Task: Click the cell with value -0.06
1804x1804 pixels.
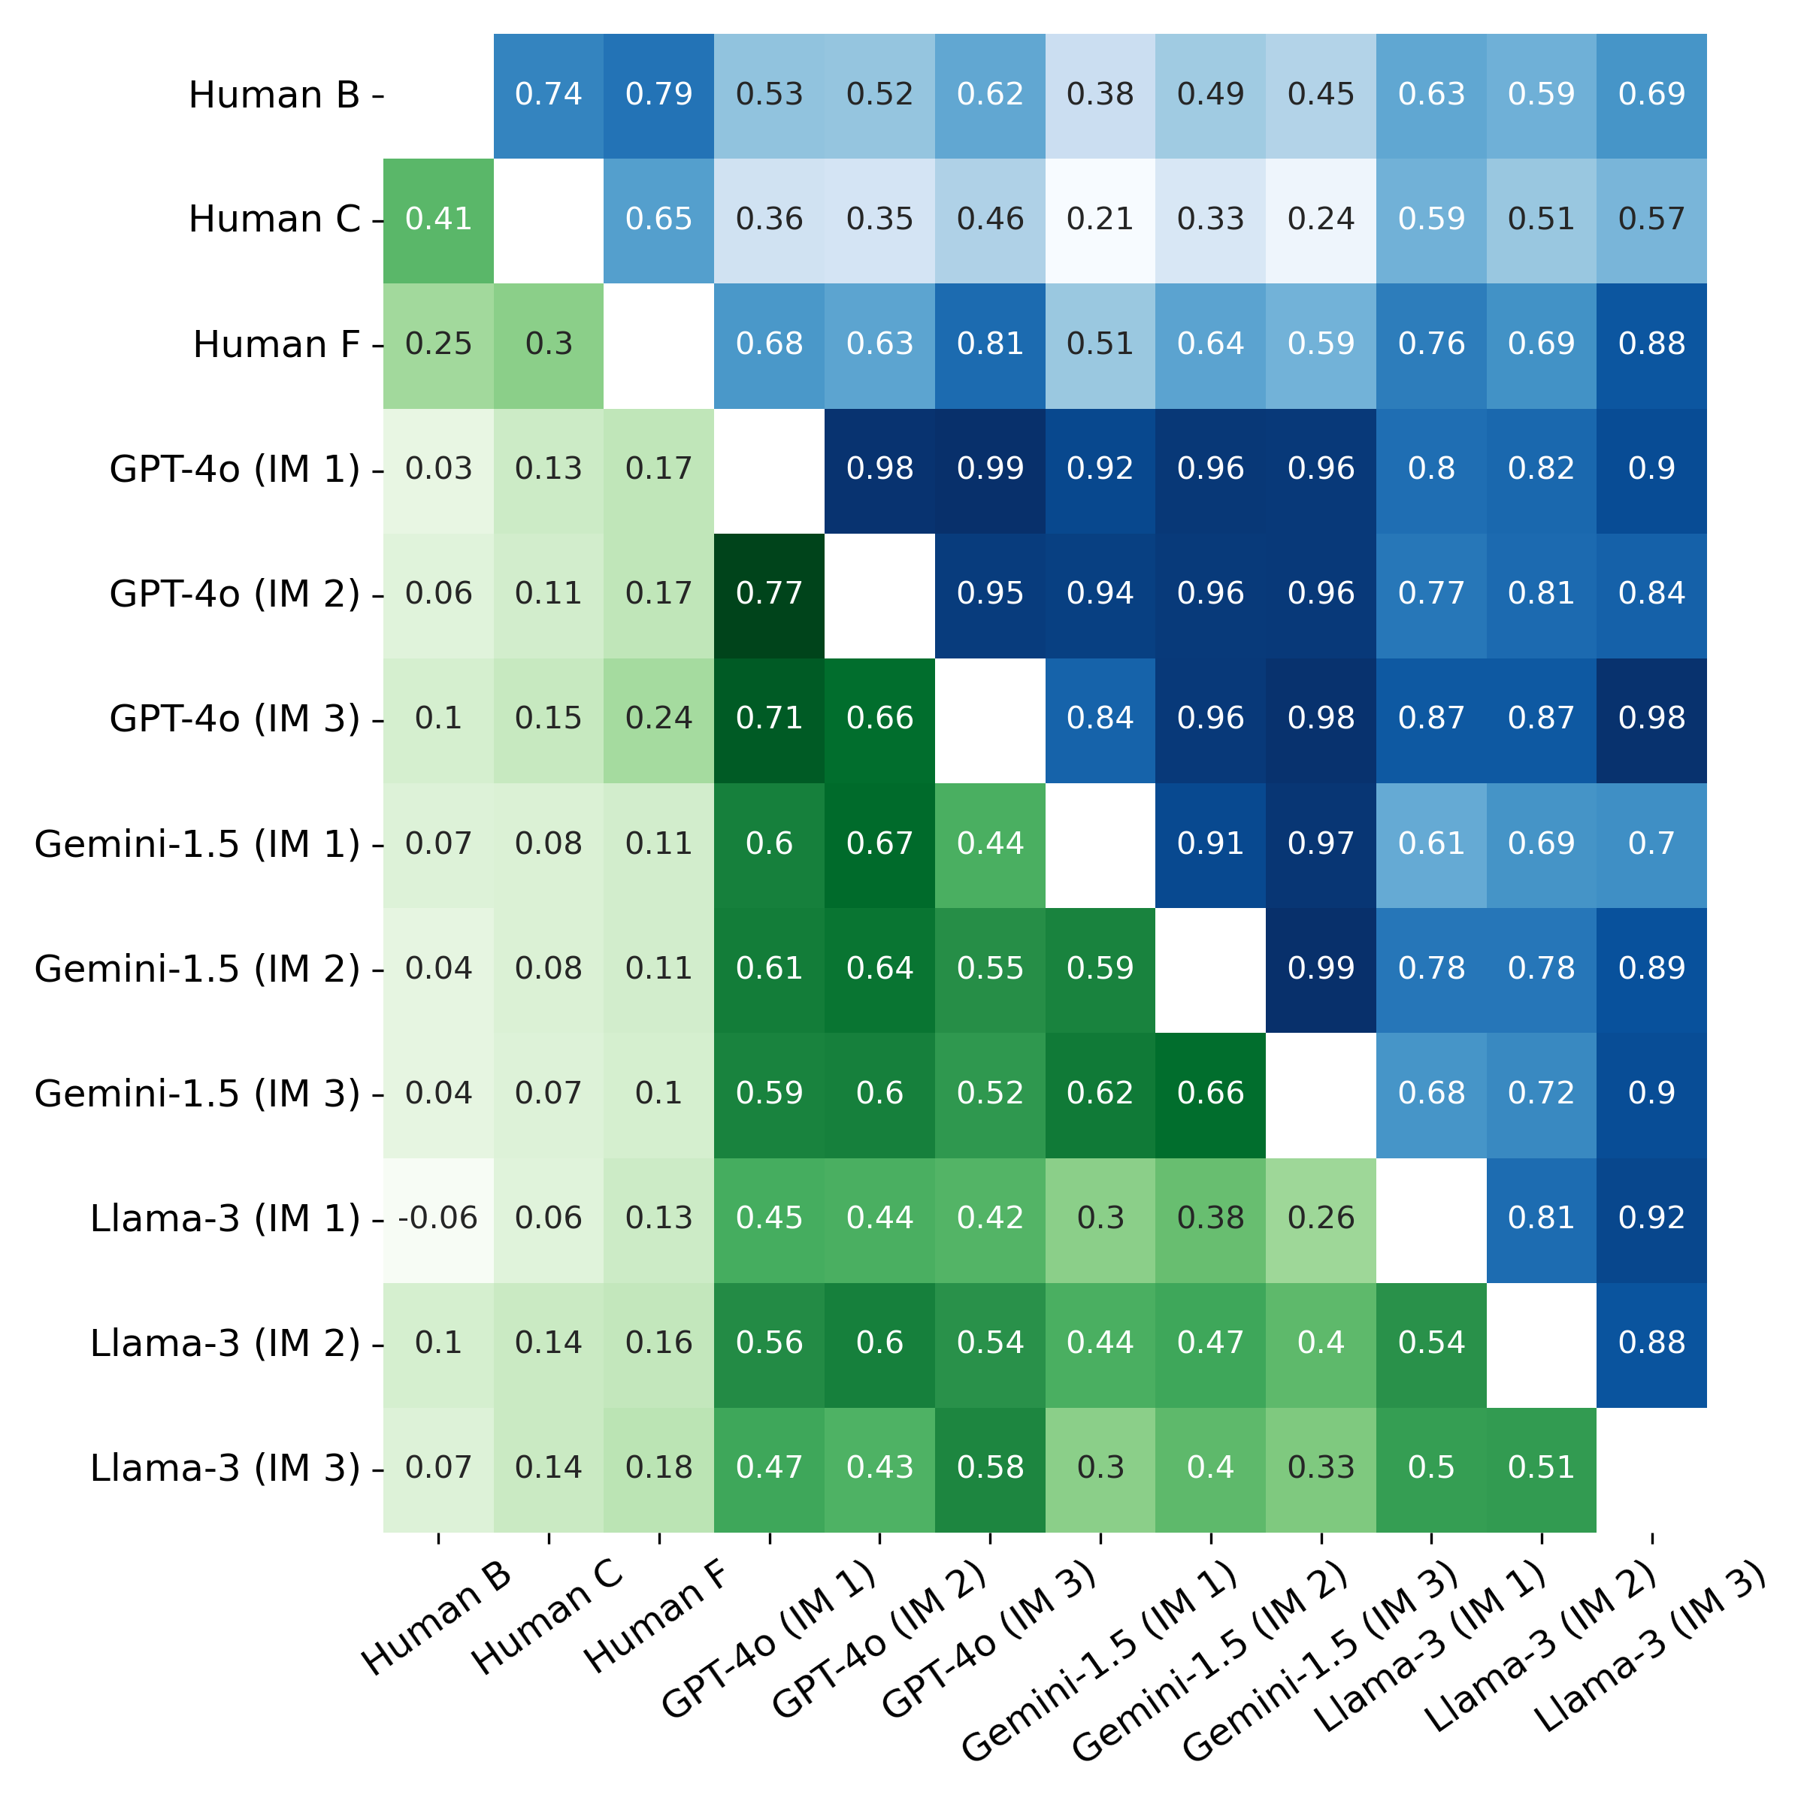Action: [438, 1218]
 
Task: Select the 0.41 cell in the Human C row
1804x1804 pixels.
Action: [438, 219]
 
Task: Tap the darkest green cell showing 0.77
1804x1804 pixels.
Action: [770, 594]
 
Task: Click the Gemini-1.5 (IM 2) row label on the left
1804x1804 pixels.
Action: [197, 969]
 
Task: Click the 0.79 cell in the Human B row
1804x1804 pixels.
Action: [658, 94]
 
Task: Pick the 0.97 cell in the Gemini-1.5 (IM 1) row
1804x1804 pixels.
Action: [1321, 844]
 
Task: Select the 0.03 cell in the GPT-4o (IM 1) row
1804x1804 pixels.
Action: [438, 469]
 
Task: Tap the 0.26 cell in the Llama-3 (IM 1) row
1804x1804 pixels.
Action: [1321, 1218]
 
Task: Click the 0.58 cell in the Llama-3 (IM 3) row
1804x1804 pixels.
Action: [990, 1467]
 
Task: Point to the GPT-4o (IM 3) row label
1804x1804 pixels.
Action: [235, 719]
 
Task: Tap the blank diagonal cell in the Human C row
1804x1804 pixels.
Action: [548, 219]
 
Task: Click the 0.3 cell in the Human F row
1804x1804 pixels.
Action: [548, 344]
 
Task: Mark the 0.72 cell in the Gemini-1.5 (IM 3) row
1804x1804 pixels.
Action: [1541, 1094]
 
